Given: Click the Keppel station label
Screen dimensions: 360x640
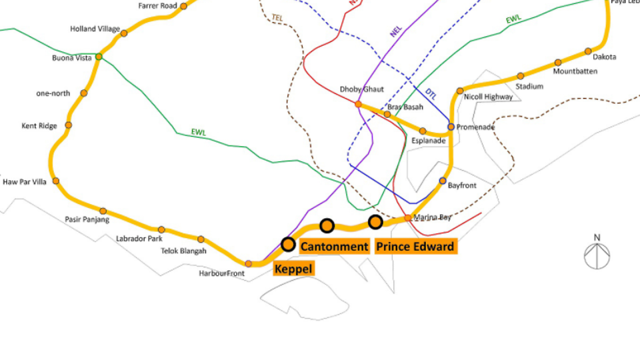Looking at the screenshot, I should pyautogui.click(x=293, y=269).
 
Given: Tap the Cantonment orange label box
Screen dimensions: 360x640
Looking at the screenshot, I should pyautogui.click(x=334, y=247).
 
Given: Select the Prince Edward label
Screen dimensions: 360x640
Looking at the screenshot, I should pyautogui.click(x=415, y=247).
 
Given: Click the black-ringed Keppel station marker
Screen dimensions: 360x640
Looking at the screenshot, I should pyautogui.click(x=288, y=244).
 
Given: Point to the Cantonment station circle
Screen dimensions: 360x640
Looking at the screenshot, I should pyautogui.click(x=327, y=226).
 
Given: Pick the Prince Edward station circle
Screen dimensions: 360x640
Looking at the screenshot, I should pyautogui.click(x=375, y=221).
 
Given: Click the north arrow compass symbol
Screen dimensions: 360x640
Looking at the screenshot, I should pyautogui.click(x=597, y=254).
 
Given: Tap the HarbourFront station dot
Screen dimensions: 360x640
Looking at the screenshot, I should pyautogui.click(x=249, y=264).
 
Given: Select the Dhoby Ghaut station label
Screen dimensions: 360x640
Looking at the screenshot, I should pyautogui.click(x=361, y=89).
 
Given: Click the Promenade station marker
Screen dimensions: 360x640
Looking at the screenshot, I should pyautogui.click(x=451, y=127).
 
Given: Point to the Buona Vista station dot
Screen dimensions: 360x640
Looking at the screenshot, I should pyautogui.click(x=99, y=57).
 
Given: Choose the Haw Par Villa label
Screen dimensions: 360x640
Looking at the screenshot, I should pyautogui.click(x=25, y=181).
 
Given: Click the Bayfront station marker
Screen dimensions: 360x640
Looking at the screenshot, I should pyautogui.click(x=443, y=181).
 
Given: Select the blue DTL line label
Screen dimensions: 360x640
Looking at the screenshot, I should pyautogui.click(x=431, y=95).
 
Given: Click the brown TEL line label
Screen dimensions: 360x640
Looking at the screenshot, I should pyautogui.click(x=277, y=17).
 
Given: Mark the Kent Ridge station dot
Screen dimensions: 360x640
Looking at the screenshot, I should pyautogui.click(x=68, y=125).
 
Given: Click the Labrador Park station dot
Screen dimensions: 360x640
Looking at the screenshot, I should pyautogui.click(x=161, y=229).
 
